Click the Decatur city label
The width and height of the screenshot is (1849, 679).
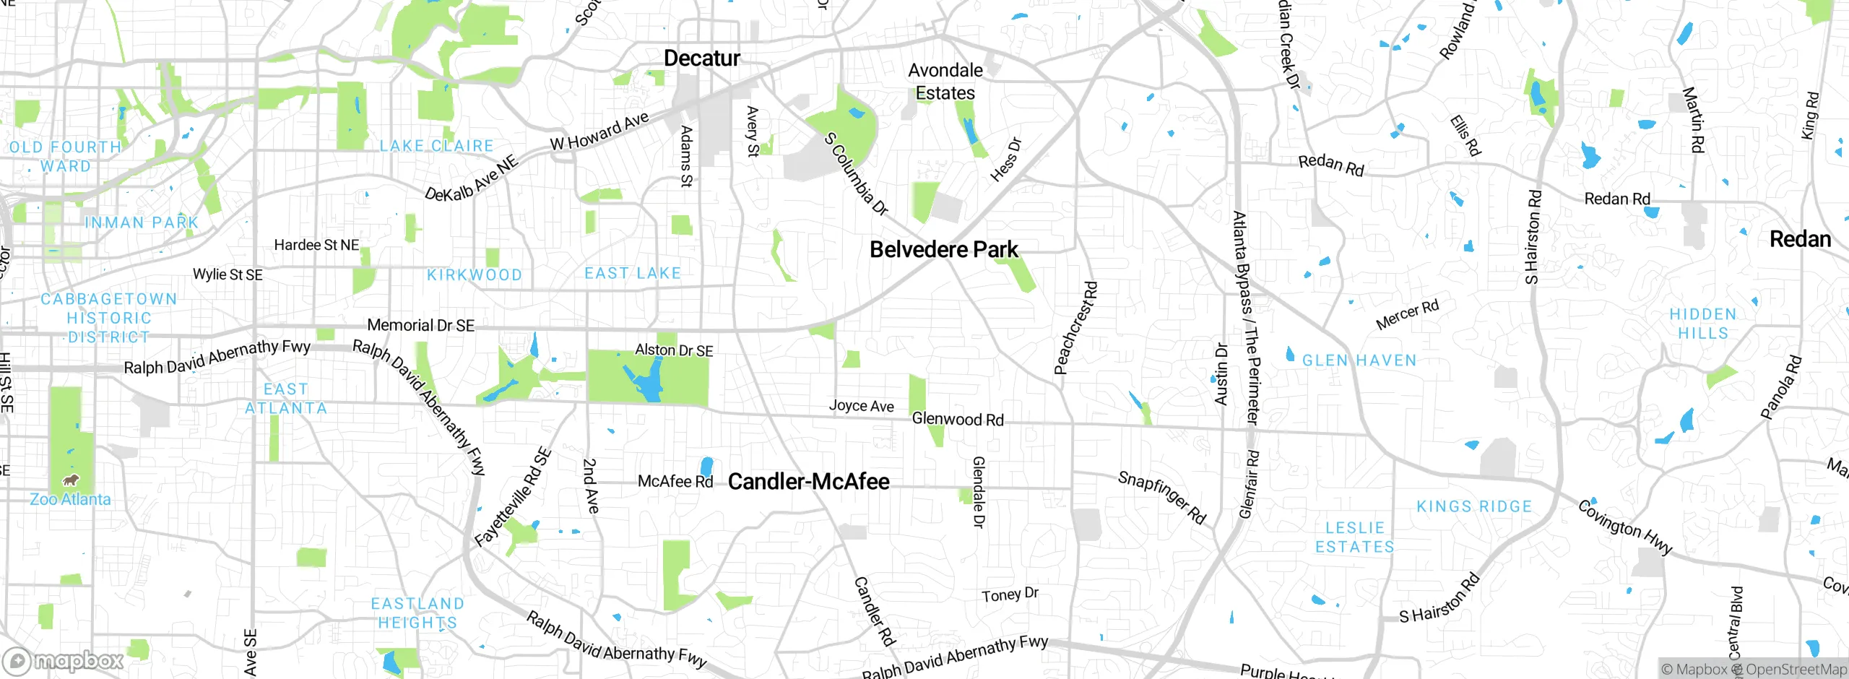point(701,59)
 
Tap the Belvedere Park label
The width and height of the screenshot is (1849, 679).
point(943,250)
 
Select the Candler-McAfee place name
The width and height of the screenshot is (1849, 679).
point(808,482)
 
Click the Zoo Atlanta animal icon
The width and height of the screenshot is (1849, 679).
point(71,480)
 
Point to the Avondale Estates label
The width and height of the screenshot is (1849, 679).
point(945,82)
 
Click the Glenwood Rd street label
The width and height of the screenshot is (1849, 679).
point(957,420)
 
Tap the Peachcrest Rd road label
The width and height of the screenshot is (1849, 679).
point(1075,329)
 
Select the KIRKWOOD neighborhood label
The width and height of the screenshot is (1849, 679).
point(474,275)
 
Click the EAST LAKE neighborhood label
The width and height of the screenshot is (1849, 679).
point(632,274)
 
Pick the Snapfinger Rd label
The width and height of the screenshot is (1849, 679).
point(1161,497)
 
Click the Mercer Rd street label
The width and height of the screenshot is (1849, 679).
point(1407,315)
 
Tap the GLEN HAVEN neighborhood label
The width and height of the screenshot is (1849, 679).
point(1359,360)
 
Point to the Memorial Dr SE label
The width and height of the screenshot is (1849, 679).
point(420,326)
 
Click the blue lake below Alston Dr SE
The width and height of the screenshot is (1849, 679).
point(648,383)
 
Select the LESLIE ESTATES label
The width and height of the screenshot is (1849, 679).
point(1354,537)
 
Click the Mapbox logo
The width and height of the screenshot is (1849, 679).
point(64,661)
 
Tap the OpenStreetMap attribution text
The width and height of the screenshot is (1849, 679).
point(1796,670)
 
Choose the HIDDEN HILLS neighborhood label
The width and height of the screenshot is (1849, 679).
point(1702,324)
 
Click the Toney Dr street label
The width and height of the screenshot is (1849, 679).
point(1010,595)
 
